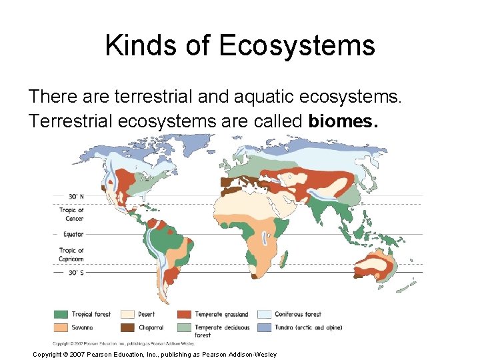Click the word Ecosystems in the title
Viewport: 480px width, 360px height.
pos(296,46)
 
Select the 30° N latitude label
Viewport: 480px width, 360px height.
pos(76,196)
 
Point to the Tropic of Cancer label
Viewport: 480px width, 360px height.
pos(72,214)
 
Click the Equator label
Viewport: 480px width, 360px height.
pos(73,234)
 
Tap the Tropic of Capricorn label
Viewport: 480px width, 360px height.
pos(72,254)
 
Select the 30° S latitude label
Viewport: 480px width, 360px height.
pos(76,272)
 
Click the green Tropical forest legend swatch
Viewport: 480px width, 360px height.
pos(61,314)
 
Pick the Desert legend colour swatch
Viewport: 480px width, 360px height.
pos(125,314)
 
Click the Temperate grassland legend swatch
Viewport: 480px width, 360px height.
pos(184,314)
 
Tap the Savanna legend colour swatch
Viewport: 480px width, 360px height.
pos(61,327)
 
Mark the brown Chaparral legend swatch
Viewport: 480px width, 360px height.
pos(125,327)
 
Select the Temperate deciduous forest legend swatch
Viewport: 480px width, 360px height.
pos(184,327)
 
